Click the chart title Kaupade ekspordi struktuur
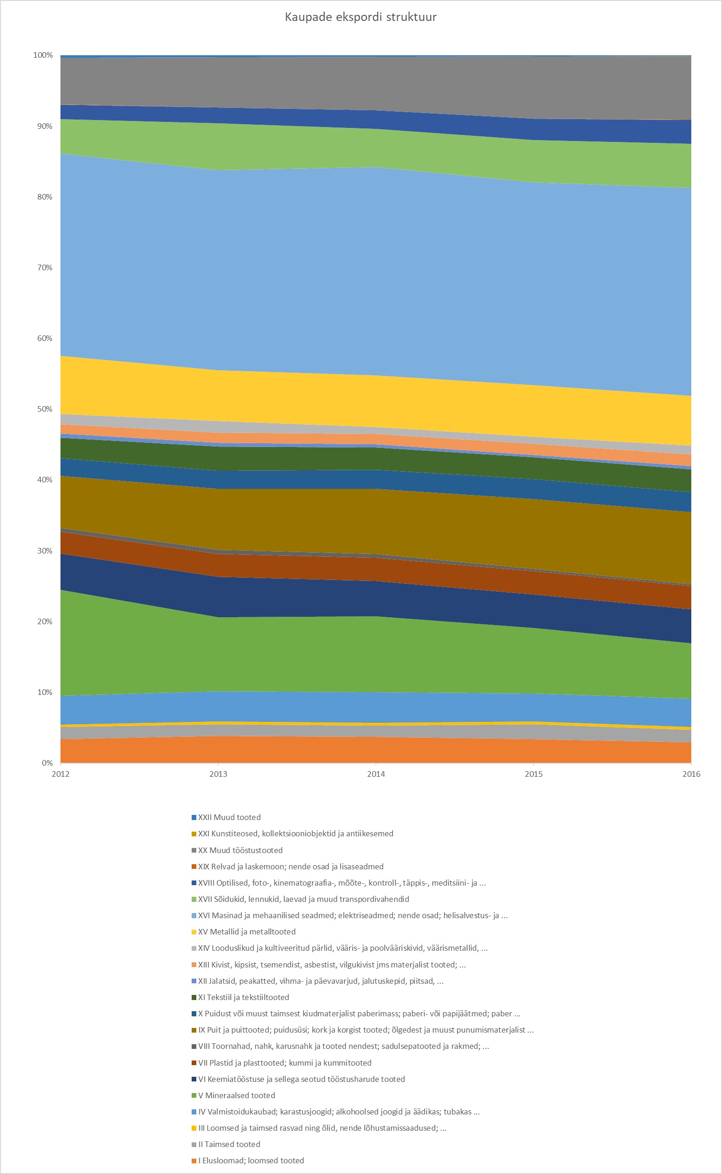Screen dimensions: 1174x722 (361, 17)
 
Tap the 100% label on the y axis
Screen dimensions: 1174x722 (43, 55)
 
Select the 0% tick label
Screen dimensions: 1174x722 (47, 763)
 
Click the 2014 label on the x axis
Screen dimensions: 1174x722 (376, 774)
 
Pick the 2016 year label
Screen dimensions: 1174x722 (691, 774)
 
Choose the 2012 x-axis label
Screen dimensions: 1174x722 (60, 774)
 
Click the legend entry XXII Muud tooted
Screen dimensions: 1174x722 (229, 817)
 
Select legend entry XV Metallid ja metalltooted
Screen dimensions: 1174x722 (247, 932)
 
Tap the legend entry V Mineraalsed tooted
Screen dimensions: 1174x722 (236, 1095)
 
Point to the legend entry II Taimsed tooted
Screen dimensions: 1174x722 (229, 1144)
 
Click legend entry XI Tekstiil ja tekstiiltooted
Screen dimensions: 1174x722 (243, 997)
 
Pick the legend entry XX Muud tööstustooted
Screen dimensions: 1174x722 (240, 850)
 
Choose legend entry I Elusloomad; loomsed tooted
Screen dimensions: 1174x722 (251, 1161)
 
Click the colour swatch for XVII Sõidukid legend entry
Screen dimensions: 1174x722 (194, 900)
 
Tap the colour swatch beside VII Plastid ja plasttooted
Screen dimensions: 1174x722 (194, 1063)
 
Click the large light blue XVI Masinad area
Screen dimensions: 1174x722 (376, 272)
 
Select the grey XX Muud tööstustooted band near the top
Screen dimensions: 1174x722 (376, 84)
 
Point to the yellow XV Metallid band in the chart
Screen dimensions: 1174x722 (376, 401)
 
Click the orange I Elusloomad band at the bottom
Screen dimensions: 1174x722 (376, 751)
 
